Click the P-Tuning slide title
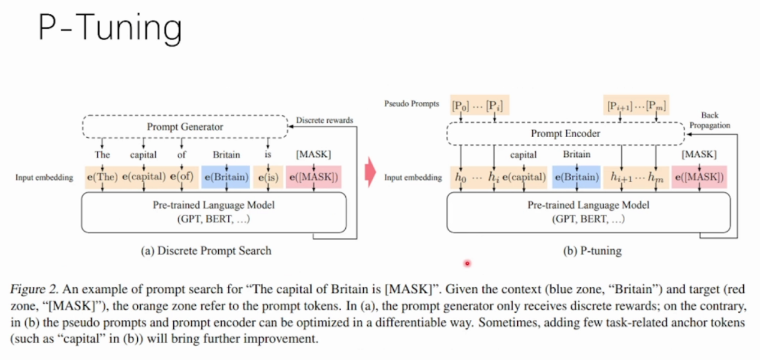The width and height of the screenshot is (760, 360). [110, 29]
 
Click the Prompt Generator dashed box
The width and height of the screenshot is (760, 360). [185, 126]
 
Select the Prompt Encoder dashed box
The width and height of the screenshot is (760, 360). [565, 134]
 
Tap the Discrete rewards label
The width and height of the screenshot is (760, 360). [324, 120]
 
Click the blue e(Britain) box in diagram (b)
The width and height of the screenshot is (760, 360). [576, 177]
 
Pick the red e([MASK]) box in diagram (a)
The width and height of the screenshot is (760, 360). [313, 177]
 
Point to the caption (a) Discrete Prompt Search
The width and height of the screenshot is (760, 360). [206, 250]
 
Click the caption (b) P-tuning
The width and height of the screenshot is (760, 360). [592, 251]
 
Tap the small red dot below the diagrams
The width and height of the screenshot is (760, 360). [467, 263]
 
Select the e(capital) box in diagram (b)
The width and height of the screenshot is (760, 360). [523, 177]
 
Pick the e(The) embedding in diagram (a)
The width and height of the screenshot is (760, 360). [103, 177]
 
